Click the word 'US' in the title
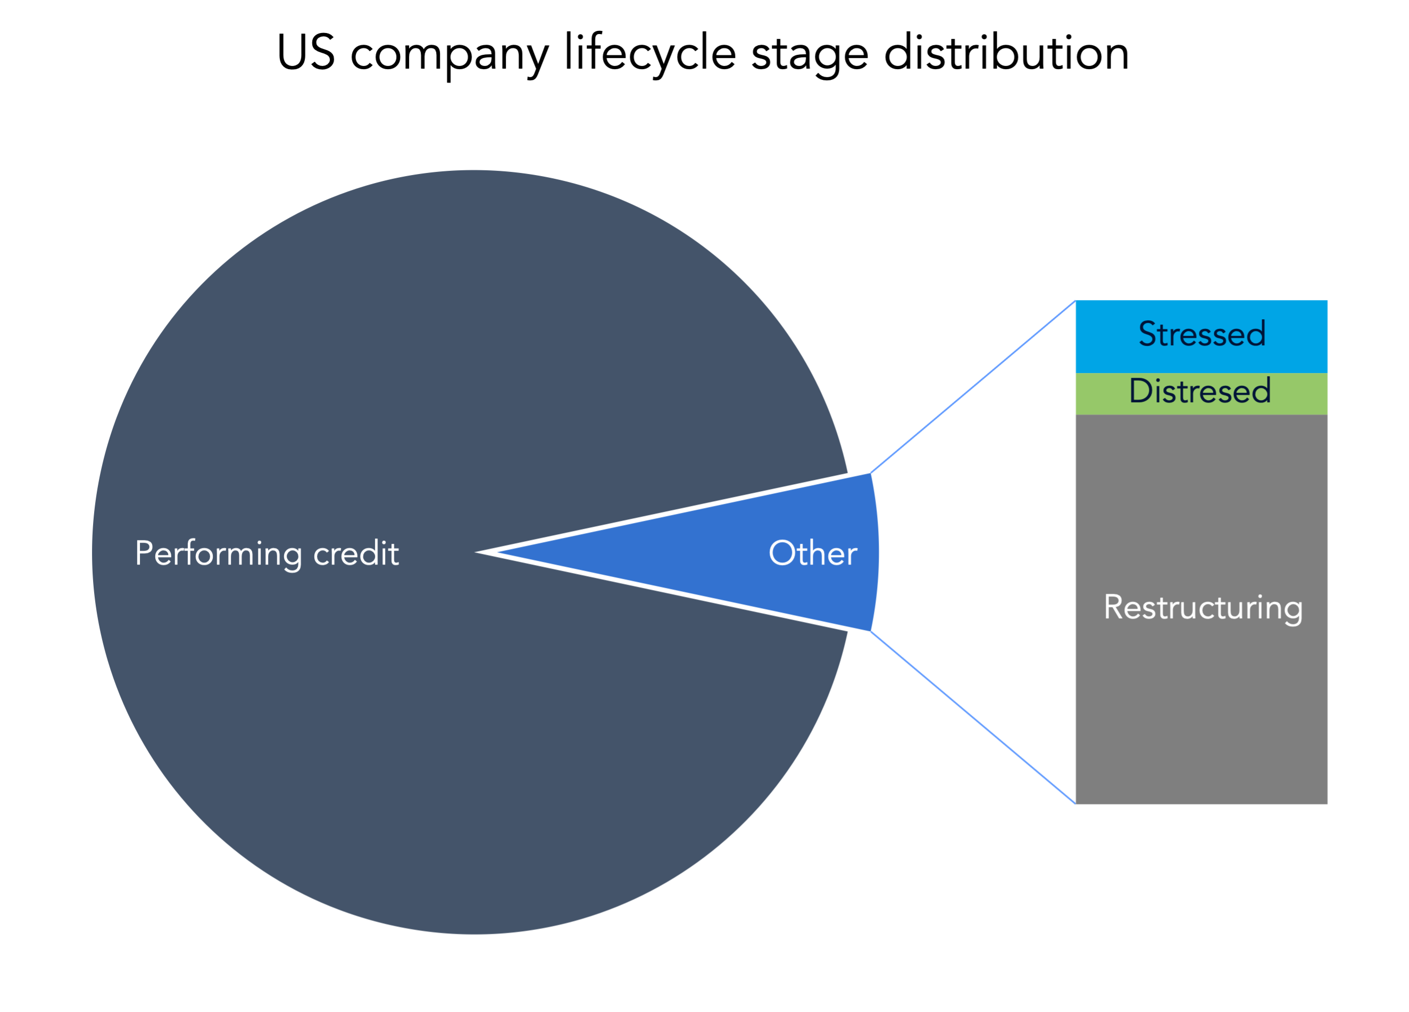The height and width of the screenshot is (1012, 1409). tap(306, 52)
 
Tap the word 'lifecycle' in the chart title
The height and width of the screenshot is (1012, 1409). tap(650, 55)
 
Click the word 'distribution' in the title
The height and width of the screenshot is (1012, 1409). tap(1006, 52)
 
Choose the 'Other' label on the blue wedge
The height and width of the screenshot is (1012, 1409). tap(813, 553)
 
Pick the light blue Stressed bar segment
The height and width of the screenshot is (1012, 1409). tap(1202, 337)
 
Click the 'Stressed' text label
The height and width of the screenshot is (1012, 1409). tap(1202, 334)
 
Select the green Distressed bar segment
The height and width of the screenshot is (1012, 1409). tap(1202, 394)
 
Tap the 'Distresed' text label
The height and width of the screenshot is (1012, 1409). tap(1200, 391)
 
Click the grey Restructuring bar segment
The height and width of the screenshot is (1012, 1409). tap(1202, 609)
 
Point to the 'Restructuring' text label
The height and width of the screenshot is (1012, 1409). tap(1203, 609)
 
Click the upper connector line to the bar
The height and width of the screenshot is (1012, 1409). tap(973, 387)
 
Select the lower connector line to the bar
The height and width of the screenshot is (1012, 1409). tap(973, 717)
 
